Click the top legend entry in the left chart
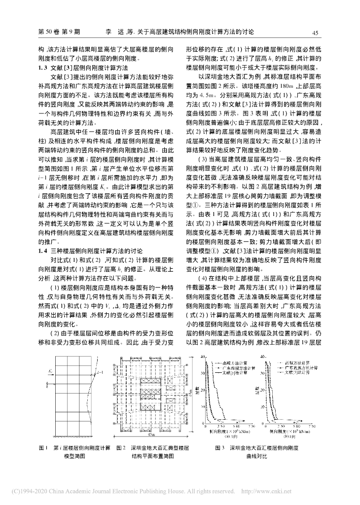point(234,362)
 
